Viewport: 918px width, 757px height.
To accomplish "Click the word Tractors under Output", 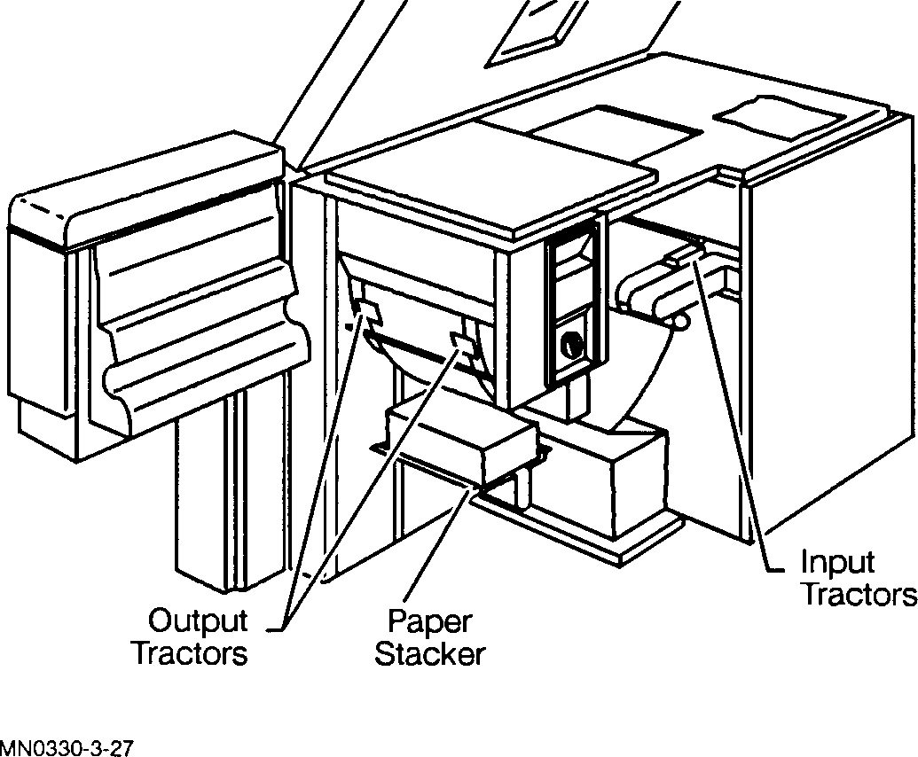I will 189,655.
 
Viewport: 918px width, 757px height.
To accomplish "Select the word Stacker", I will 430,655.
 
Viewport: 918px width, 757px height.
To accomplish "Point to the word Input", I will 836,561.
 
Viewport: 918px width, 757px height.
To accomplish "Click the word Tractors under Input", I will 858,594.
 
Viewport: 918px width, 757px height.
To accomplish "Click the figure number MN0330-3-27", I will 67,748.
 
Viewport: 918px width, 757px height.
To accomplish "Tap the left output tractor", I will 365,309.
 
